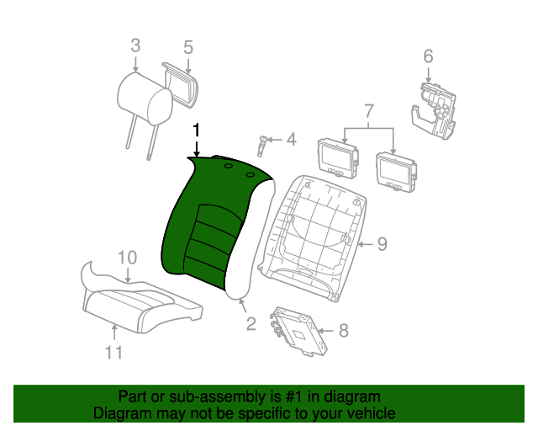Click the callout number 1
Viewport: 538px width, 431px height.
pos(196,130)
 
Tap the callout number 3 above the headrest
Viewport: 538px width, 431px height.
pos(135,45)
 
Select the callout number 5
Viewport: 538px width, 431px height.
pos(188,47)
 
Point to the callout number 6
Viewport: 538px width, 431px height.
pos(428,56)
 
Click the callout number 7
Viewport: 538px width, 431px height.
pos(368,111)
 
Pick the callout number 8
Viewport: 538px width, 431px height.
pos(344,331)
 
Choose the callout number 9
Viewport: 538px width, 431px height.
pos(382,244)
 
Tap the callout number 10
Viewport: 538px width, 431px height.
pos(127,258)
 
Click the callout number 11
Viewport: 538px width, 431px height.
pos(113,353)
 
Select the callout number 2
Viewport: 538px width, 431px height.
pos(251,324)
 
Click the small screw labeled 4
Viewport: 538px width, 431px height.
pos(262,145)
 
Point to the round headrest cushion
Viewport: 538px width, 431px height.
pos(145,98)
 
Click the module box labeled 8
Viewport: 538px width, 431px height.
pos(298,330)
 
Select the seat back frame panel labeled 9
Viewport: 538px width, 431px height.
pos(312,238)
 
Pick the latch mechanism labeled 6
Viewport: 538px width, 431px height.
pos(434,111)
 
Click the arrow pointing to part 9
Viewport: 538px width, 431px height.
pos(366,244)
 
